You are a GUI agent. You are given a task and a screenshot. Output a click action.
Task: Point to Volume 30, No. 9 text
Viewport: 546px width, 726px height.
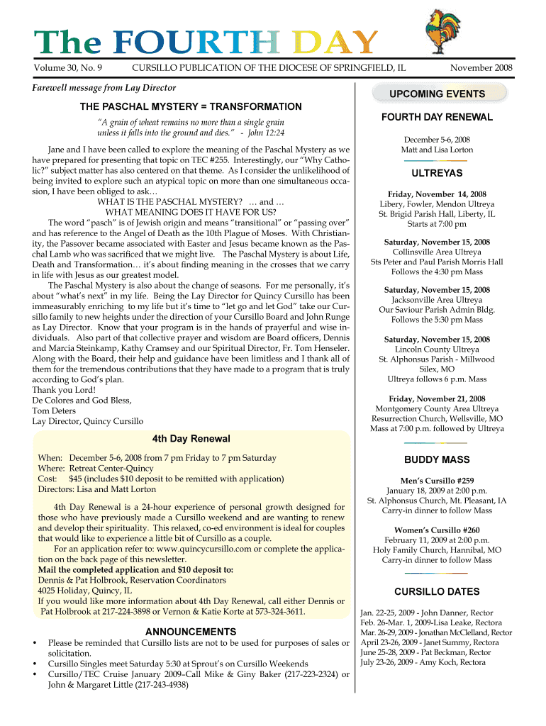point(68,68)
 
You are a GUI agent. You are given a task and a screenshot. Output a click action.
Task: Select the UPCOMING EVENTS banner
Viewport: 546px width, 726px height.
point(437,94)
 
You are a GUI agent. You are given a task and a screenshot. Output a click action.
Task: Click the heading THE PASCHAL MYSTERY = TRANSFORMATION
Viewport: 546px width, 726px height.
point(191,106)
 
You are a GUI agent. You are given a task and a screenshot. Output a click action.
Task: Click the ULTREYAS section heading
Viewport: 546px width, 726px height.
point(437,173)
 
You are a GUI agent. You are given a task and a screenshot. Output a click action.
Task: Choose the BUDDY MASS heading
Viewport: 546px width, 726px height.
point(437,459)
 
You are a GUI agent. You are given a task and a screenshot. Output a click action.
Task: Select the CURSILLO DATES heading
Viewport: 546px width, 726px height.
point(437,591)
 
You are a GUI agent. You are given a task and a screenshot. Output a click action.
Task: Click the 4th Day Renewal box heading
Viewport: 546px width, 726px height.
point(191,438)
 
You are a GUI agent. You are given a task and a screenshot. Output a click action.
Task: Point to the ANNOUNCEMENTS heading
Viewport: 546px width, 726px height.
point(191,631)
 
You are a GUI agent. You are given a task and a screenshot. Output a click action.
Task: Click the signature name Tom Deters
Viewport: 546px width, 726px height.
point(55,411)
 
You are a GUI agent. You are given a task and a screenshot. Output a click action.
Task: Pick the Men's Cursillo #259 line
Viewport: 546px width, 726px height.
point(437,480)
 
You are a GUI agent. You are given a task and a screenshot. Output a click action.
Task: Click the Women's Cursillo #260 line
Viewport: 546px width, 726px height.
point(437,530)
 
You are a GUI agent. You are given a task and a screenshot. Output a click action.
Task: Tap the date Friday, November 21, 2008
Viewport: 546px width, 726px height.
point(437,398)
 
